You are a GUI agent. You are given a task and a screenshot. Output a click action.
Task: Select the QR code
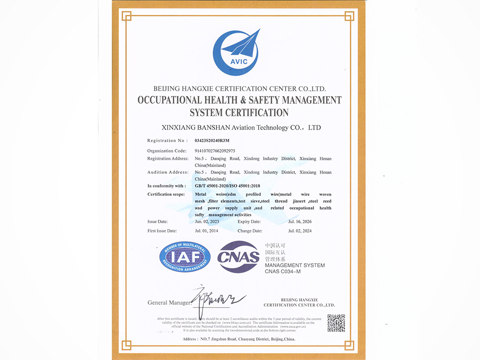coord(336,323)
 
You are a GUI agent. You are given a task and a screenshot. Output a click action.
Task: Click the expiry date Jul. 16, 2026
coord(300,222)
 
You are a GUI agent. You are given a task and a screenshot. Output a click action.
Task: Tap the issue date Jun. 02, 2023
coord(207,222)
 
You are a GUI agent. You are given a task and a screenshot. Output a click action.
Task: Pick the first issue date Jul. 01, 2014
coord(207,231)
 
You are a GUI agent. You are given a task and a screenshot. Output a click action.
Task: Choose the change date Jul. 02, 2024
coord(300,231)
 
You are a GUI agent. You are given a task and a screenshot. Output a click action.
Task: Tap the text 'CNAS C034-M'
coord(283,272)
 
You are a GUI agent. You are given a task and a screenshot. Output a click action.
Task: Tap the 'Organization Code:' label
coord(167,151)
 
